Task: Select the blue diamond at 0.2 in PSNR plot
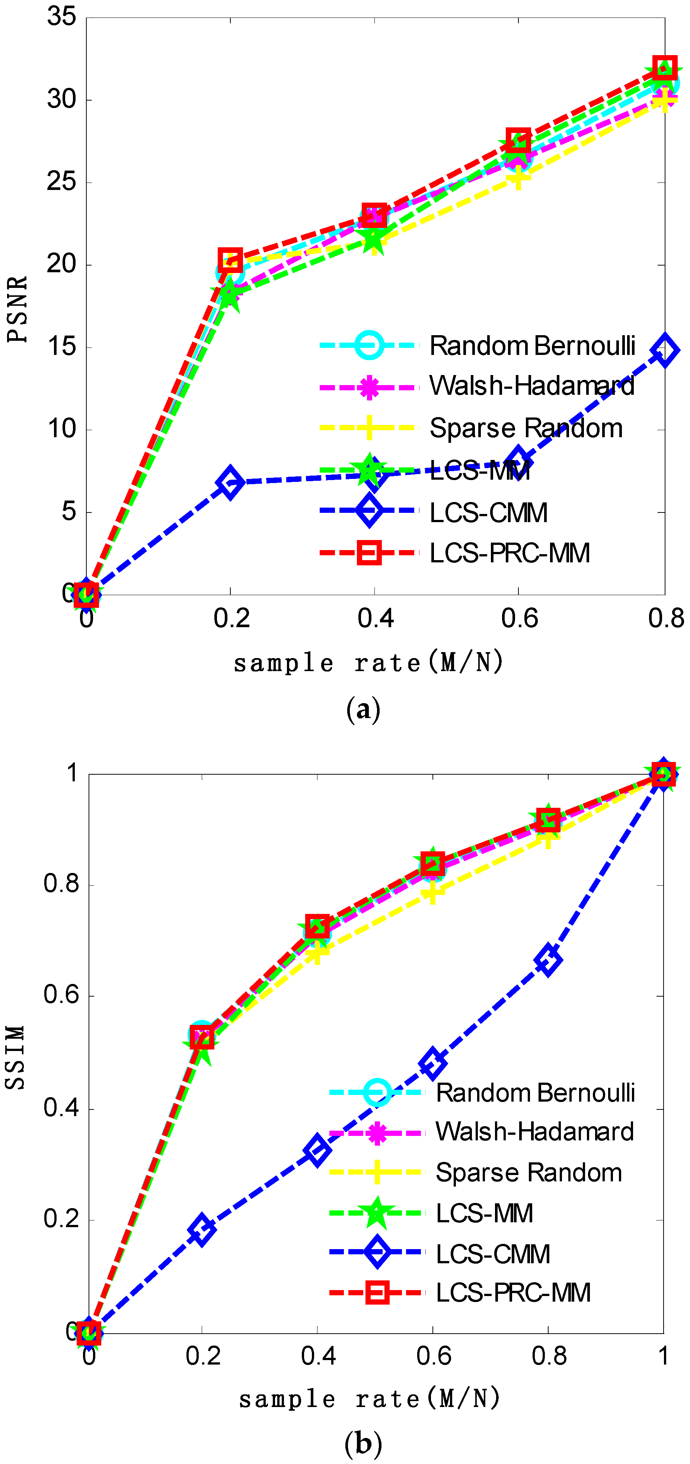pos(230,483)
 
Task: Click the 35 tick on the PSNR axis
pos(61,17)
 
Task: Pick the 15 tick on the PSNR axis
pos(61,347)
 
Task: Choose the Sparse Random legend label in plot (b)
pos(528,1172)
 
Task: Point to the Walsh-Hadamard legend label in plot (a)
pos(531,386)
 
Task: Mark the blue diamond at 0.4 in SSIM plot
pos(317,1151)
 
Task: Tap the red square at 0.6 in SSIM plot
pos(433,864)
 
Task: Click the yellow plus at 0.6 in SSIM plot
pos(433,892)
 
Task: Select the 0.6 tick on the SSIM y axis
pos(61,996)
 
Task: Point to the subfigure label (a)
pos(363,710)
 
